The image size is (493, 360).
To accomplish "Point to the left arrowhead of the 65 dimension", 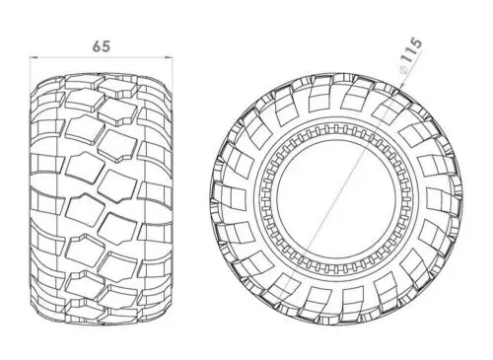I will [x=31, y=58].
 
